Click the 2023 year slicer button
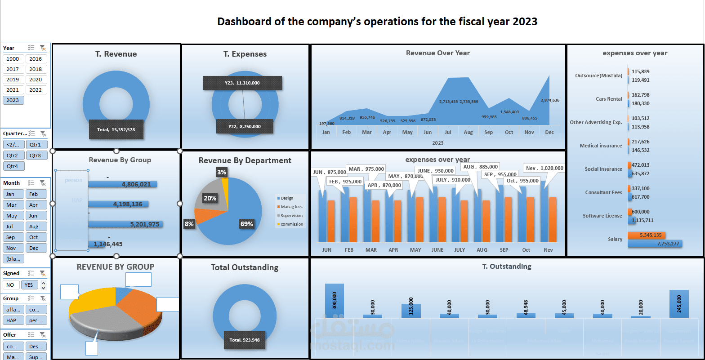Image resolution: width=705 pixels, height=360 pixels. (13, 100)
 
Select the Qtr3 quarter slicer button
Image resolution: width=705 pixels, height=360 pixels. (36, 156)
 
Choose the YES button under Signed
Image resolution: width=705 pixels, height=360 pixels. (29, 285)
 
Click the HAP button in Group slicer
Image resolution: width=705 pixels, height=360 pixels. (13, 320)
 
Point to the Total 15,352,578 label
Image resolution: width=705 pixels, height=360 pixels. (116, 129)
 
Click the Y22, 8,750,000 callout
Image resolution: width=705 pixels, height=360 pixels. (244, 126)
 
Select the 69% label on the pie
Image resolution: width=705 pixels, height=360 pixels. (246, 224)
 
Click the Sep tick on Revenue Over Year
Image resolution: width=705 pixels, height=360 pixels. (489, 132)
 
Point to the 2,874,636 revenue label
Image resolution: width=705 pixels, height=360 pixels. (550, 100)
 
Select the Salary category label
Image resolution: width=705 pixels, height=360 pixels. (615, 239)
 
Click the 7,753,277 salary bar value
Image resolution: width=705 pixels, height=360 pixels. (668, 244)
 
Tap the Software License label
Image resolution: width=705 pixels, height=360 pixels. (602, 216)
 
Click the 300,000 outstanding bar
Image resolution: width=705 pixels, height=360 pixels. (335, 301)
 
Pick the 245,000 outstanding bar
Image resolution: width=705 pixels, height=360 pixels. (679, 304)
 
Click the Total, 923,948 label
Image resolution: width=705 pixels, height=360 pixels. (245, 340)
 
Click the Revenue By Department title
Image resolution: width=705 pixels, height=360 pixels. (245, 160)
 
